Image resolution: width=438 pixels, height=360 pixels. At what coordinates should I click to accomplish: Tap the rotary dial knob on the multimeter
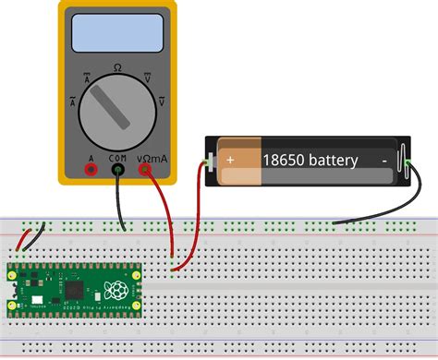coord(117,115)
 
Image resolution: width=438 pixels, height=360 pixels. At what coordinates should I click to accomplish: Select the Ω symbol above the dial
coord(117,67)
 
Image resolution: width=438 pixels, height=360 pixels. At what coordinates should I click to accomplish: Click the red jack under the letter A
coord(91,169)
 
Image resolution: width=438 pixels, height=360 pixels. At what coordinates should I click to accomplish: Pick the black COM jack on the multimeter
coord(118,169)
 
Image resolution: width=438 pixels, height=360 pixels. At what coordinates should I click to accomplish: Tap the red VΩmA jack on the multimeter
coord(146,169)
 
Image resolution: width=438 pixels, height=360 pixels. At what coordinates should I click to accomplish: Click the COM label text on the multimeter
coord(118,157)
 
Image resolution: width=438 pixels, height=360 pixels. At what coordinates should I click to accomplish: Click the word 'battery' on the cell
coord(329,160)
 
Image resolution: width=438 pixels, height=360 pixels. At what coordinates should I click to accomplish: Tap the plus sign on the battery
coord(230,160)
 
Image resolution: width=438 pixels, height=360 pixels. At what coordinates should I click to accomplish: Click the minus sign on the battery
coord(383,160)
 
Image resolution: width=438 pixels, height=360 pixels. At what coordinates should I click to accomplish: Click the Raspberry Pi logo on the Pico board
coord(114,287)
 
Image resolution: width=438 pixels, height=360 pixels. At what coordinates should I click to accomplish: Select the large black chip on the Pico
coord(74,288)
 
